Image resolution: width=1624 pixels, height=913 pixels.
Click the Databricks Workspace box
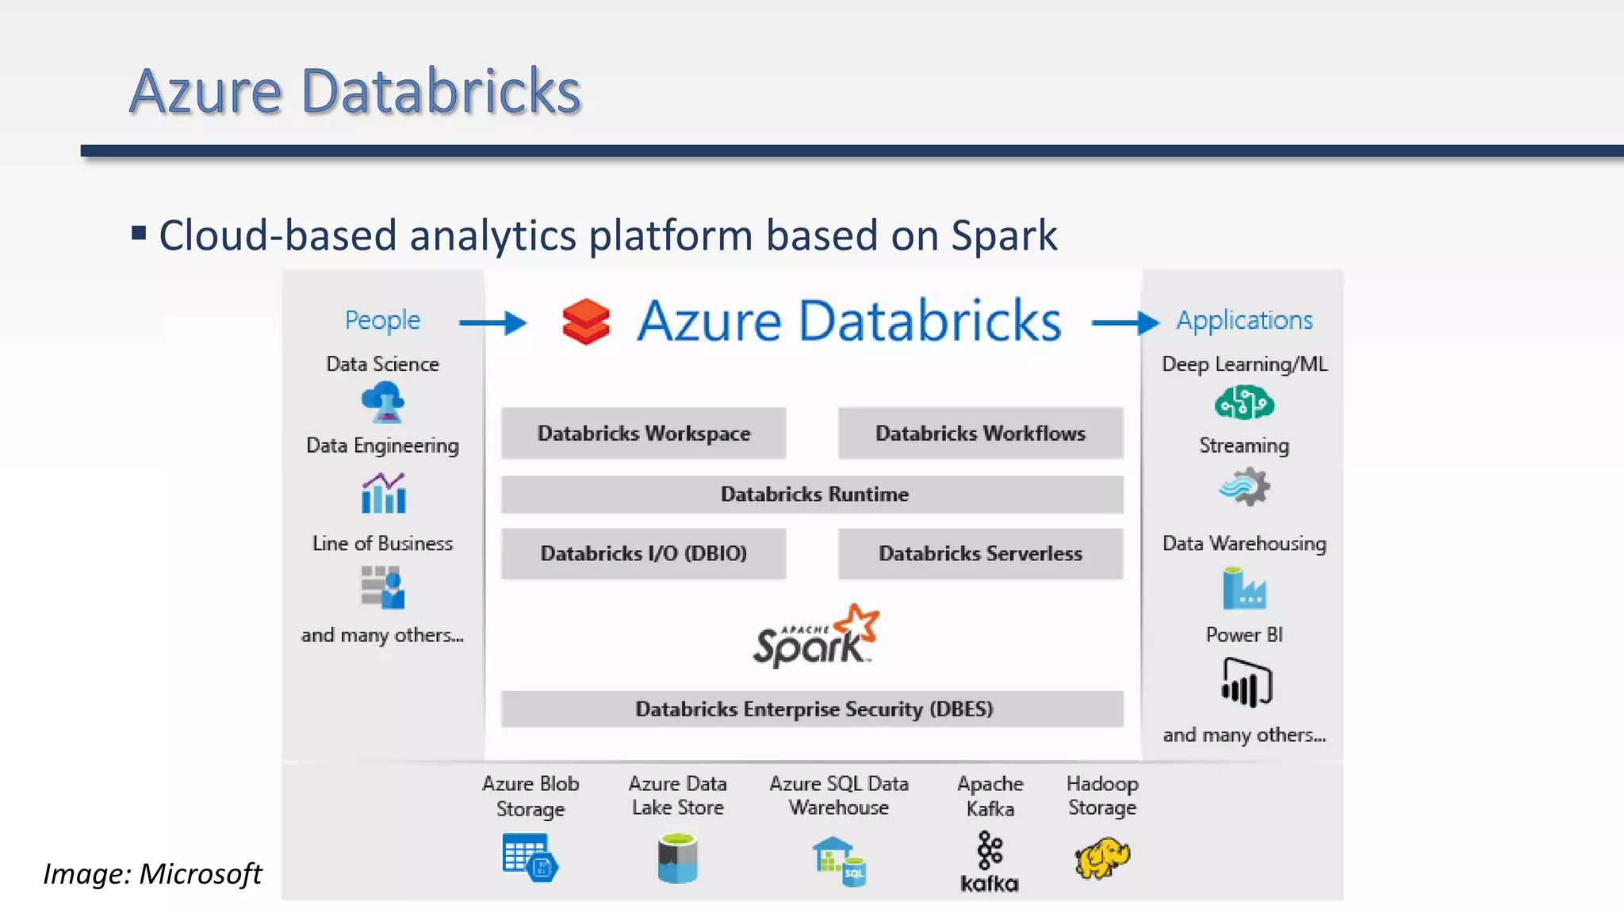[x=643, y=434]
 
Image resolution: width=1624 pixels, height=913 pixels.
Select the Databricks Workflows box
[x=980, y=434]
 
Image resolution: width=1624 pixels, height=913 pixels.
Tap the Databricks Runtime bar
[x=812, y=495]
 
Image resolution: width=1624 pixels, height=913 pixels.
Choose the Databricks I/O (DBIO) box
[x=643, y=553]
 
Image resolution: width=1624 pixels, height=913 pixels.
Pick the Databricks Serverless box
[x=980, y=553]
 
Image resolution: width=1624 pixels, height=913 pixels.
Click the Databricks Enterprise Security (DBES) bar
[x=812, y=709]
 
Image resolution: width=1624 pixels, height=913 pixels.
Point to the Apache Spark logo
[x=815, y=636]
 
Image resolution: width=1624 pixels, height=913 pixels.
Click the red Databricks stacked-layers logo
[x=586, y=322]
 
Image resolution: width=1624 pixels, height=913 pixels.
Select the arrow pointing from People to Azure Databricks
[x=492, y=323]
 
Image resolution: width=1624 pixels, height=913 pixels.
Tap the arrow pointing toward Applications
[x=1124, y=323]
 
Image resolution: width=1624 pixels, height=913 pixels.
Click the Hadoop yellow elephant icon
[x=1102, y=858]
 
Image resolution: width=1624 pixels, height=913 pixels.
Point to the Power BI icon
[x=1246, y=682]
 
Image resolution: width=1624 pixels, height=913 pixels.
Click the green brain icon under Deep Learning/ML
[x=1244, y=403]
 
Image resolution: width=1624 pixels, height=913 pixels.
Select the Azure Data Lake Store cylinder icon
[x=677, y=858]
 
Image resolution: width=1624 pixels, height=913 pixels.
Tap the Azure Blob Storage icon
[x=530, y=858]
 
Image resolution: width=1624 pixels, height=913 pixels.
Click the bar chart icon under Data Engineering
[x=384, y=493]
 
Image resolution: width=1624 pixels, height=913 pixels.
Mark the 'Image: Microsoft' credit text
[x=152, y=873]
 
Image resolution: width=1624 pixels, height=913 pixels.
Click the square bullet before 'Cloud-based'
[x=139, y=233]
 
